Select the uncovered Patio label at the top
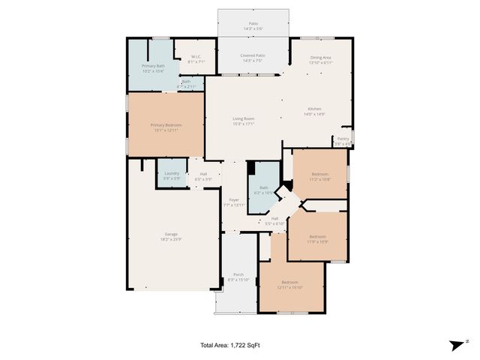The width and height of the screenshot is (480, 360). click(253, 25)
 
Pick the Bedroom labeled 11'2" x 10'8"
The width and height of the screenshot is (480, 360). click(319, 177)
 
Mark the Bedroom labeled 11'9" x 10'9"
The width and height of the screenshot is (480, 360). click(316, 238)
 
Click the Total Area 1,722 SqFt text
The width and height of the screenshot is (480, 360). click(229, 345)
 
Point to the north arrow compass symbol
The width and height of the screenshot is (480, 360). click(456, 345)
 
